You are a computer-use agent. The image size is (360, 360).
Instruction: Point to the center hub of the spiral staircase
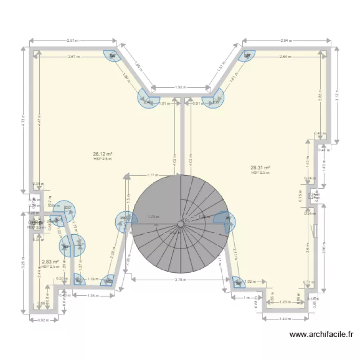click(x=180, y=224)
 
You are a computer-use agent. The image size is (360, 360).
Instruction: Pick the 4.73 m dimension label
click(x=23, y=121)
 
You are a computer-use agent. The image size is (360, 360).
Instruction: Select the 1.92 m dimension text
click(x=180, y=87)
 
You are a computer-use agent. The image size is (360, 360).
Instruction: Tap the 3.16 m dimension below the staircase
click(x=180, y=279)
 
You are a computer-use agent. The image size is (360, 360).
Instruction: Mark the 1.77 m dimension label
click(x=153, y=175)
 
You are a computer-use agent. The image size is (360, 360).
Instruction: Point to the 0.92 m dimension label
click(x=44, y=320)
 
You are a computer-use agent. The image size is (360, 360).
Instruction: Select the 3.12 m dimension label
click(x=337, y=96)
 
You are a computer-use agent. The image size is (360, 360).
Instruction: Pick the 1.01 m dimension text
click(x=165, y=104)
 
